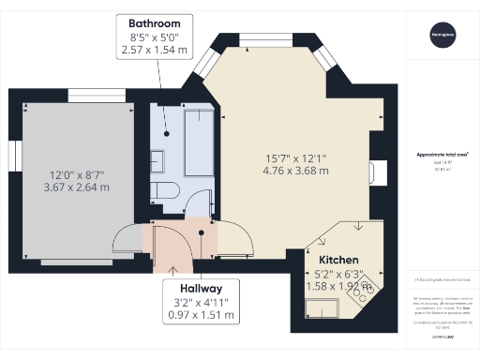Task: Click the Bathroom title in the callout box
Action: coord(156,22)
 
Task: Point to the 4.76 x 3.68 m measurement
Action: coord(295,172)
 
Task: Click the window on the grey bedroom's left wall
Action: coord(17,156)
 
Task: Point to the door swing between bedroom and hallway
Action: coord(128,241)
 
